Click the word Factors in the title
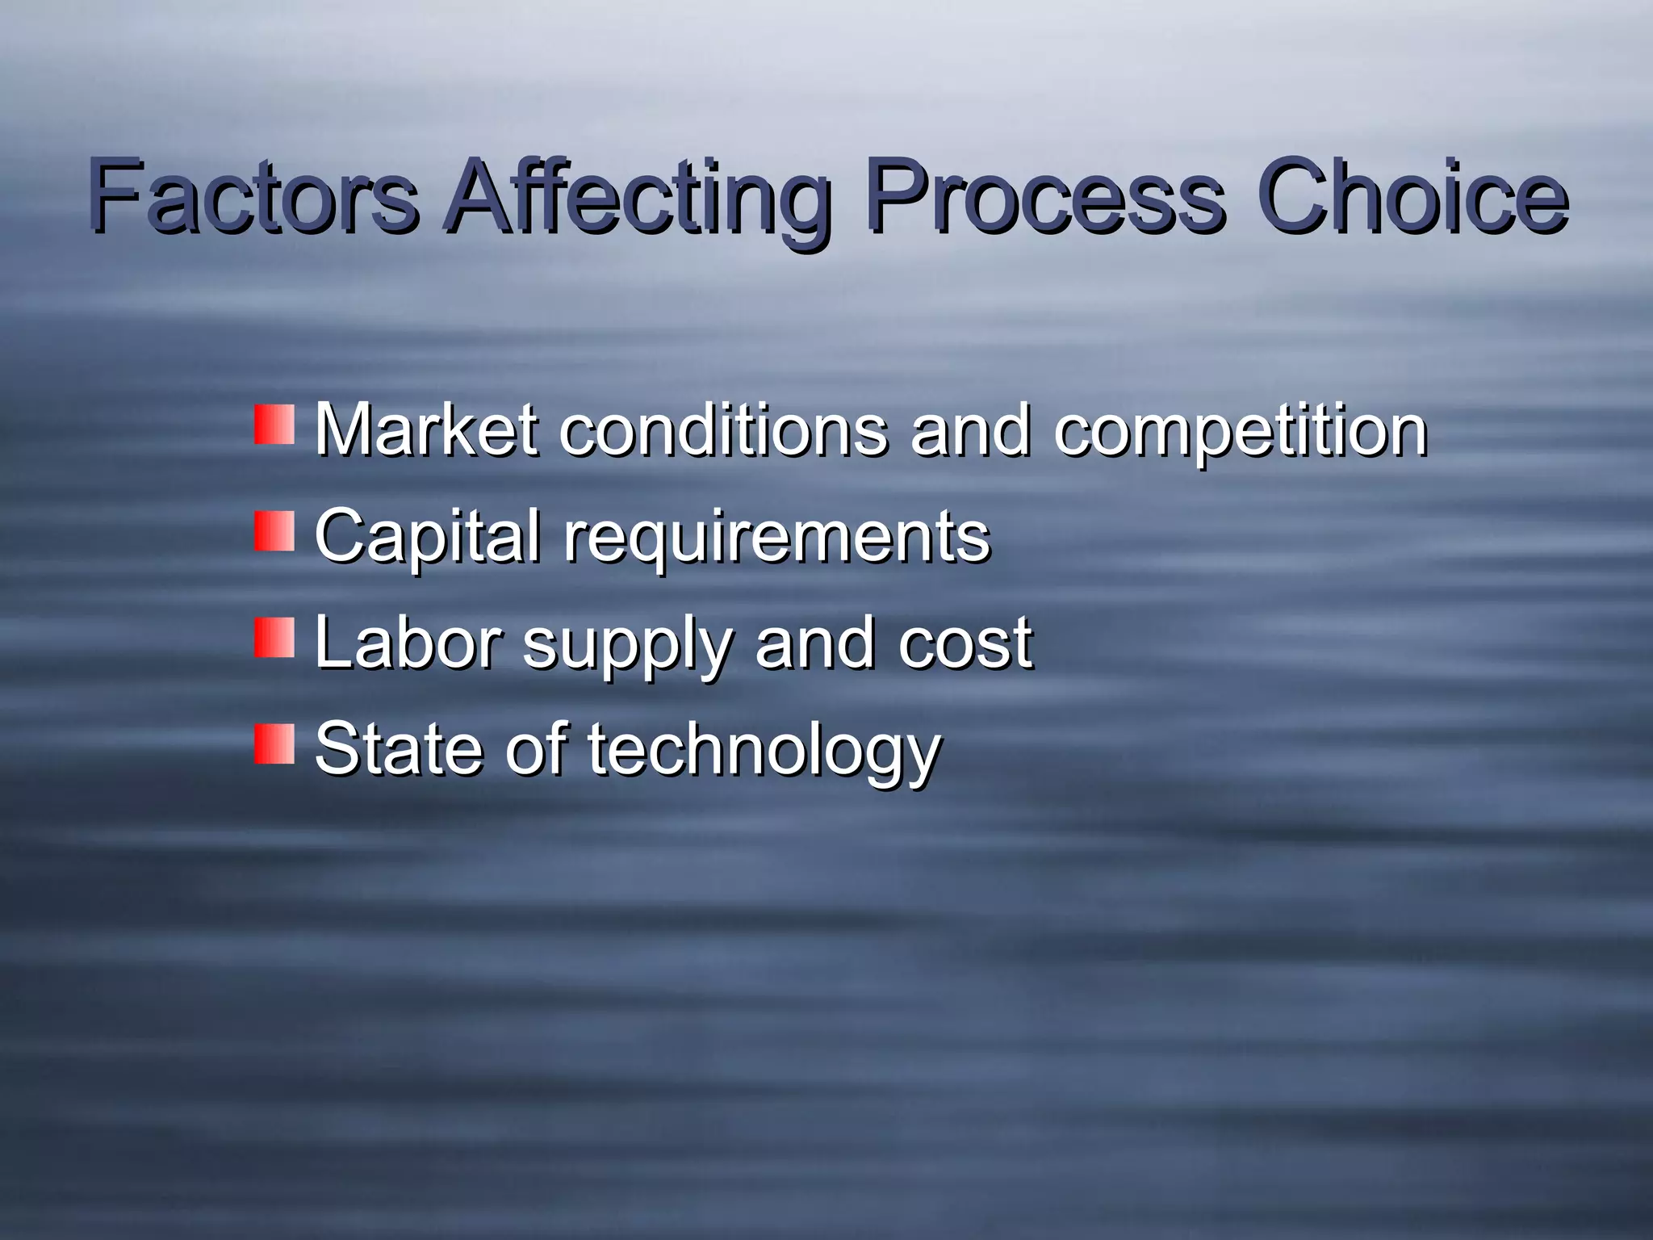pyautogui.click(x=252, y=197)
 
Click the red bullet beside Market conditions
pyautogui.click(x=274, y=425)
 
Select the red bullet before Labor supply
pyautogui.click(x=274, y=638)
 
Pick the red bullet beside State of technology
pyautogui.click(x=274, y=744)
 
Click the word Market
pyautogui.click(x=426, y=429)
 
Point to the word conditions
pyautogui.click(x=723, y=429)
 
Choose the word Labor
pyautogui.click(x=408, y=643)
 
